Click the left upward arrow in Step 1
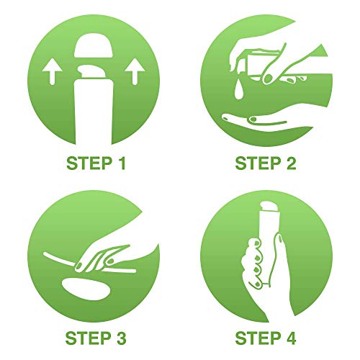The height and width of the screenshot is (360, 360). click(x=52, y=72)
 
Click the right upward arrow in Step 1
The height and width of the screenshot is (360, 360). click(x=135, y=72)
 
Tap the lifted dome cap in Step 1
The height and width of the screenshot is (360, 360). click(x=94, y=47)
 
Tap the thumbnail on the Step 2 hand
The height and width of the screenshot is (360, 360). click(x=268, y=78)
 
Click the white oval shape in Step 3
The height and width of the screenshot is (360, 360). click(x=86, y=289)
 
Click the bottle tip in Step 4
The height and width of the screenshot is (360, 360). click(x=269, y=205)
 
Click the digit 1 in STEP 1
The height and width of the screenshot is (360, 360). click(x=122, y=163)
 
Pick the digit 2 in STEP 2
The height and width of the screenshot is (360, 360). click(x=291, y=163)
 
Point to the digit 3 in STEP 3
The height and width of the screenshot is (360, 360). click(x=121, y=338)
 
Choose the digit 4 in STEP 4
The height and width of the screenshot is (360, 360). click(x=291, y=338)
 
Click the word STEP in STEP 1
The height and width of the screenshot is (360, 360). click(x=89, y=163)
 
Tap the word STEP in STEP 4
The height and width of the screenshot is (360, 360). click(x=258, y=338)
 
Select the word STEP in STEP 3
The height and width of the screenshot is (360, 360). click(x=88, y=338)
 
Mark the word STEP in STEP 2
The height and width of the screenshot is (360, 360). click(x=258, y=163)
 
